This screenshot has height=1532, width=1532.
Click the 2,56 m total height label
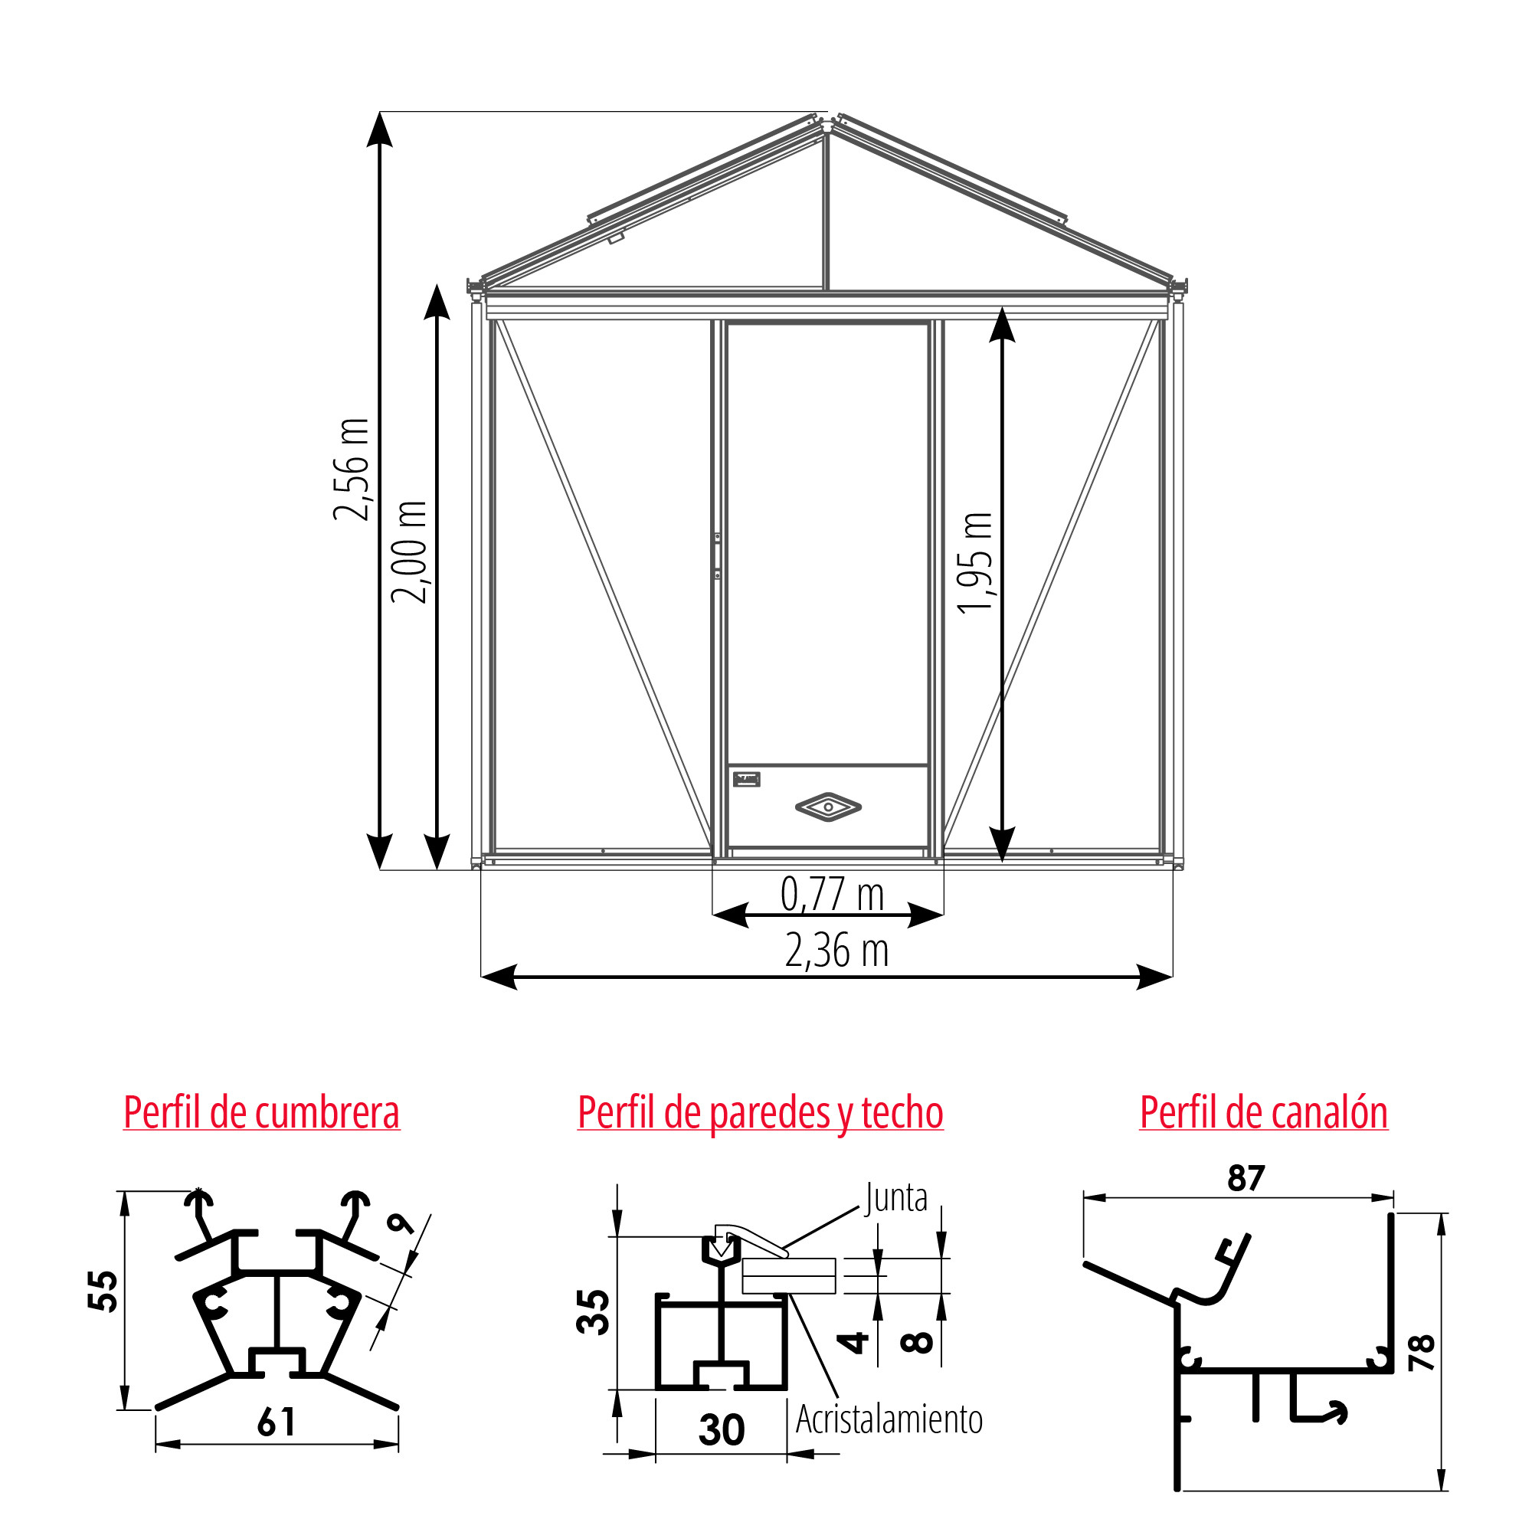(x=352, y=470)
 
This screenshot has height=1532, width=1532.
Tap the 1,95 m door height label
(x=974, y=563)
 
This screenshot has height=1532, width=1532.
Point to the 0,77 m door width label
(x=832, y=895)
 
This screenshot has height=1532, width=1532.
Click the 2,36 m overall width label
(x=836, y=951)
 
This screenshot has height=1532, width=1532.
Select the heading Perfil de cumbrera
(x=262, y=1112)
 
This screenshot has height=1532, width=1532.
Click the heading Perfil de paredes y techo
(x=761, y=1113)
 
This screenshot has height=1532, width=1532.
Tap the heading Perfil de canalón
(x=1264, y=1112)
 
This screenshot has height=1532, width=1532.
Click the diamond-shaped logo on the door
(x=828, y=807)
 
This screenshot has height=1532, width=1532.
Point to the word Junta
(x=896, y=1198)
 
